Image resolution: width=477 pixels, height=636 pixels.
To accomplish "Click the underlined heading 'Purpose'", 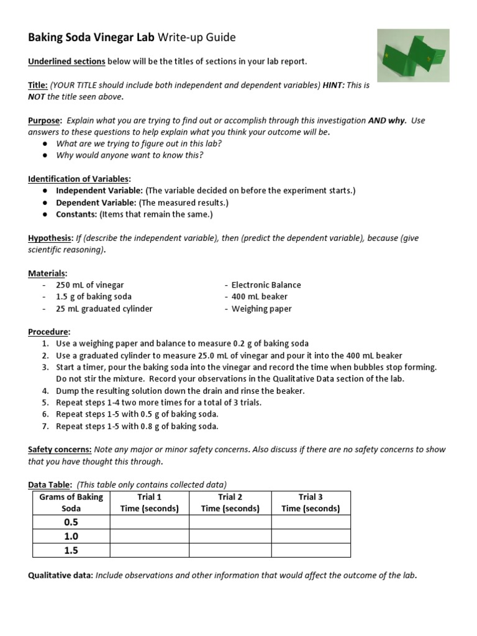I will [x=44, y=120].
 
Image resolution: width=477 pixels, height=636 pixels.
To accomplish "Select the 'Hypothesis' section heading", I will [x=50, y=238].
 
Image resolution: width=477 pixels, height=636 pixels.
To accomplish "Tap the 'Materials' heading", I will [x=47, y=273].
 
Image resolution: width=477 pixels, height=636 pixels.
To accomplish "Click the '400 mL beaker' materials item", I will [x=259, y=297].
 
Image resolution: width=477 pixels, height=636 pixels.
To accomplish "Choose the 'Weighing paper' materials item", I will [x=261, y=309].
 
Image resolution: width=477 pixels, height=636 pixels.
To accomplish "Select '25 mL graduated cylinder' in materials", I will [x=104, y=309].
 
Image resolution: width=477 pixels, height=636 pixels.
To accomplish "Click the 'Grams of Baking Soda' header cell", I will [x=71, y=502].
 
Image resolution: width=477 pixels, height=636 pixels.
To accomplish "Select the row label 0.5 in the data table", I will [x=71, y=522].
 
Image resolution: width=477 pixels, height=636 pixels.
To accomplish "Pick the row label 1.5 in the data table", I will [x=71, y=550].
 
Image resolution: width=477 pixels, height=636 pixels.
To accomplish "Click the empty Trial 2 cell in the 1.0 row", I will [x=230, y=536].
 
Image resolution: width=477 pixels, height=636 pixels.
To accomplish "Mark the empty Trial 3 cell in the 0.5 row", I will [x=311, y=522].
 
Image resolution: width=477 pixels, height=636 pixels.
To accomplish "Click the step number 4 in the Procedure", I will [x=45, y=391].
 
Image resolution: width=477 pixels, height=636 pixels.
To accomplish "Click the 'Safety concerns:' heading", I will [x=60, y=450].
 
